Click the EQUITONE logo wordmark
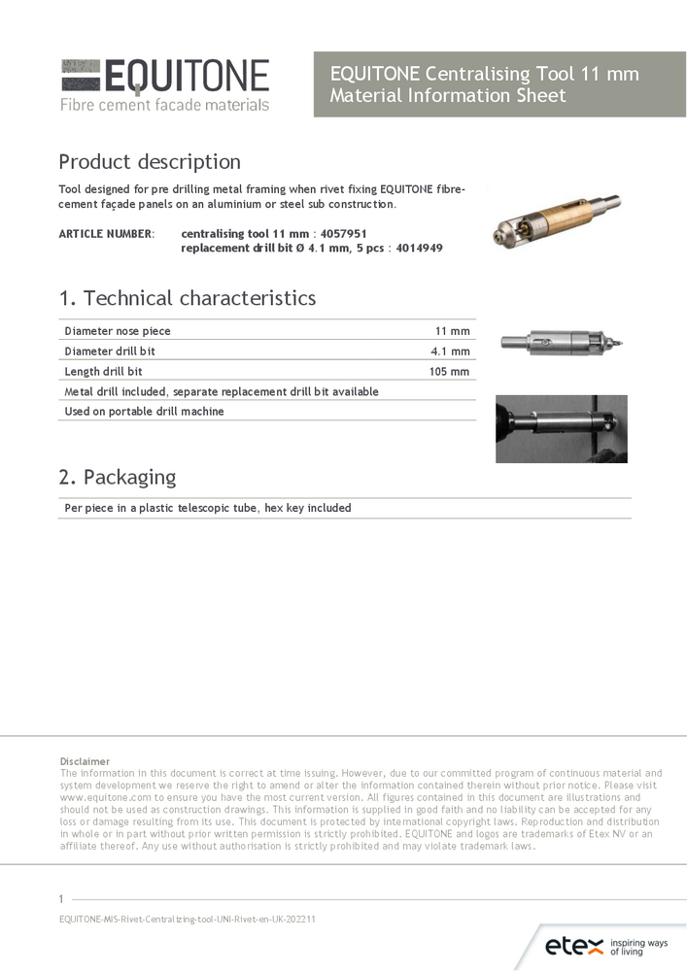point(186,76)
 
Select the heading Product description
point(150,161)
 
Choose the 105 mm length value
point(449,372)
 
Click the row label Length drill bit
point(103,372)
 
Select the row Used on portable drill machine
point(144,412)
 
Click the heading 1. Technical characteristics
point(187,298)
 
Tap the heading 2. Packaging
point(117,477)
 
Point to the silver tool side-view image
point(561,342)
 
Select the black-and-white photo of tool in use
point(561,428)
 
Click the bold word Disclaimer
point(85,761)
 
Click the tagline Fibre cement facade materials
point(164,105)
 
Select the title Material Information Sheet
point(447,96)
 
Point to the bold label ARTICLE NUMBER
point(106,234)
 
